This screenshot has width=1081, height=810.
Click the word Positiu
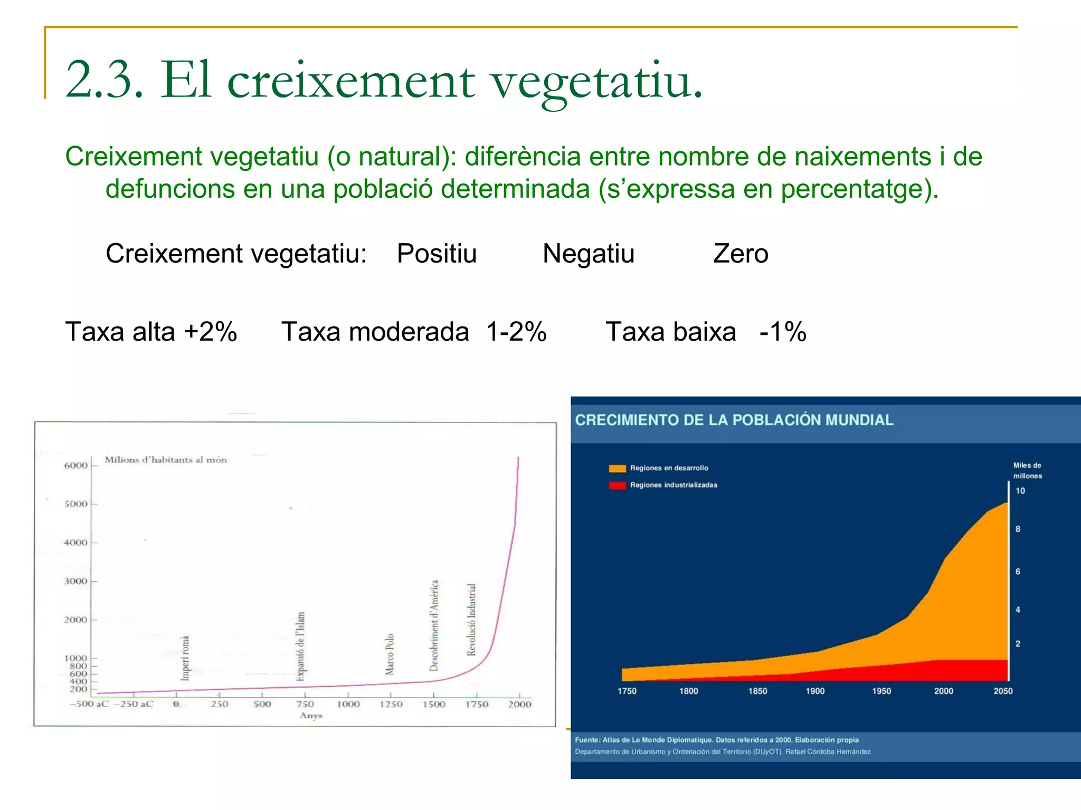(x=437, y=254)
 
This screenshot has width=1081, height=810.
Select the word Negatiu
(x=588, y=254)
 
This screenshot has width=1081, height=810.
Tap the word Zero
(x=740, y=254)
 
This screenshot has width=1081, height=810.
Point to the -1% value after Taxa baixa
(x=782, y=332)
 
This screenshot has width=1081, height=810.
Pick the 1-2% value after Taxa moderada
(x=516, y=332)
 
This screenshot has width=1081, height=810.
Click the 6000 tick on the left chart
(x=76, y=465)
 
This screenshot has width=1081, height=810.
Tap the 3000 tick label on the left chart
(x=76, y=581)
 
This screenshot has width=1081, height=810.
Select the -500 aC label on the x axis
(x=89, y=704)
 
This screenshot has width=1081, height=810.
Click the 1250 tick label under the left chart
(x=391, y=704)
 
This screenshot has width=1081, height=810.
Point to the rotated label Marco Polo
(x=390, y=654)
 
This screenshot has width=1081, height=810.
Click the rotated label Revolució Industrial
(x=471, y=620)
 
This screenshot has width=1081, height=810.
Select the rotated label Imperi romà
(x=185, y=658)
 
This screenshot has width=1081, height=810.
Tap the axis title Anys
(x=311, y=716)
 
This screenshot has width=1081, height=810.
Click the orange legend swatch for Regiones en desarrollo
(x=617, y=468)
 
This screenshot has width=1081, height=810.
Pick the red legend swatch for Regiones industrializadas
(x=617, y=485)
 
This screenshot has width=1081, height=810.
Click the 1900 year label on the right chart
(x=815, y=691)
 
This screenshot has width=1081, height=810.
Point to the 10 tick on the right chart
(x=1020, y=491)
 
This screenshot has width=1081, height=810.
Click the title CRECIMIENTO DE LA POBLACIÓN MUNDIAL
(x=734, y=420)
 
